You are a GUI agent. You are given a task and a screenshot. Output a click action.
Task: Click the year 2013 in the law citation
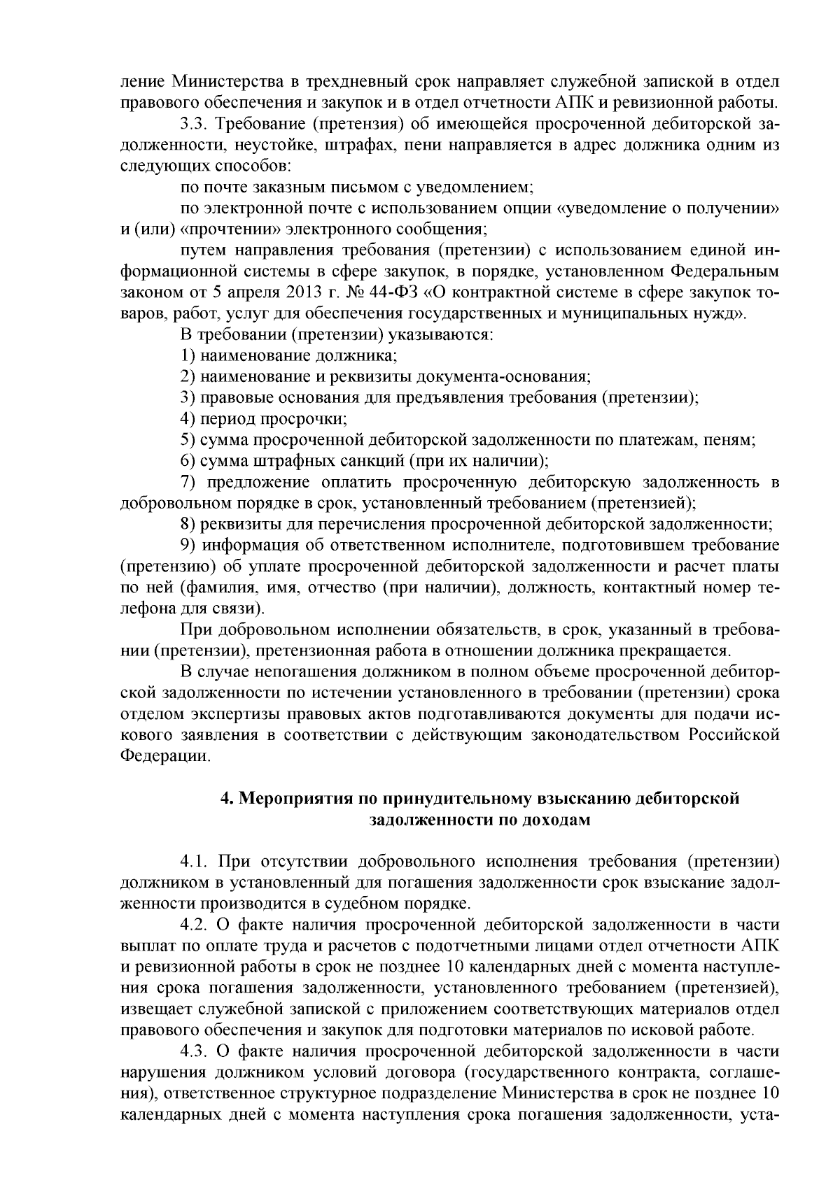pyautogui.click(x=260, y=292)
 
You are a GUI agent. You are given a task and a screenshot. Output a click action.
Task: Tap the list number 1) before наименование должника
pyautogui.click(x=187, y=355)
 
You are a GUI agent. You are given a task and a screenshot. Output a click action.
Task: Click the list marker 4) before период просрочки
pyautogui.click(x=187, y=419)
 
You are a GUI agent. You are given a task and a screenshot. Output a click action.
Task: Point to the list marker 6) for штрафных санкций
pyautogui.click(x=187, y=461)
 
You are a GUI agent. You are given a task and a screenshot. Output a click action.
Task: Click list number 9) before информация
pyautogui.click(x=187, y=545)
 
